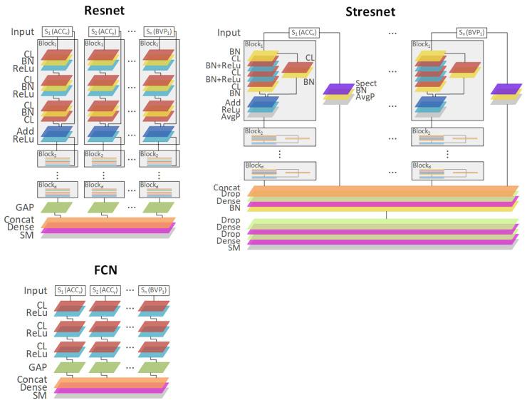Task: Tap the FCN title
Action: [105, 271]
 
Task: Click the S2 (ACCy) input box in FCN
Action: [104, 290]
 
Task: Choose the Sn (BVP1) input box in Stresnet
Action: [474, 32]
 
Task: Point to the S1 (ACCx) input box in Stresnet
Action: [306, 32]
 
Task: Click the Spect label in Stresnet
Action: [366, 83]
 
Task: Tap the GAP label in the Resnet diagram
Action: [25, 207]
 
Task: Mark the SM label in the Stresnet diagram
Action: [234, 247]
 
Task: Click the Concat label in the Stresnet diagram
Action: [227, 188]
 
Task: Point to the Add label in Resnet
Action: [24, 131]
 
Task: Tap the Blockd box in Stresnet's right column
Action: [447, 170]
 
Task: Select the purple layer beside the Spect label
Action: [338, 89]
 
